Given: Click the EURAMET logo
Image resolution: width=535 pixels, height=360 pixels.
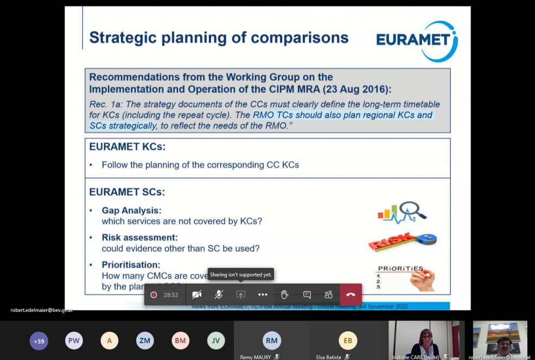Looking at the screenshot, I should [417, 41].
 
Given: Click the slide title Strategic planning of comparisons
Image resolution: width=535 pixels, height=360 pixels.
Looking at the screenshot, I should [219, 37].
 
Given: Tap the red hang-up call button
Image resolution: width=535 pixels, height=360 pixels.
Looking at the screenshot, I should [351, 295].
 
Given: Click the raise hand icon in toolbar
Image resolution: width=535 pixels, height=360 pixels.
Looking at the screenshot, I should [284, 295].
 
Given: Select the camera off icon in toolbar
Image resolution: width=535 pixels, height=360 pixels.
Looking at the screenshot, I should [196, 295].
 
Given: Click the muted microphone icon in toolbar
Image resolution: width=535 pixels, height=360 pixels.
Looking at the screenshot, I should [219, 295].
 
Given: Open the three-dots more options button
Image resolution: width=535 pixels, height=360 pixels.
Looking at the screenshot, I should [263, 295].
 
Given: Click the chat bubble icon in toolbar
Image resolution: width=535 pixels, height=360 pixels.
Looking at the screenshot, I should [307, 295].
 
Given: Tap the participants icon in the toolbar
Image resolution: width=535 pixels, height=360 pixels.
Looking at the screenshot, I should [328, 295].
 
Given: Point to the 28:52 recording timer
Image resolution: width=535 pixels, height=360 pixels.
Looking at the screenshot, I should [171, 295].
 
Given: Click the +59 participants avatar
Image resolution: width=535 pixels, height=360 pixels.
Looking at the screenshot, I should [39, 341].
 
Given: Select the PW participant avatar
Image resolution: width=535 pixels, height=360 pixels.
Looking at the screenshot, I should [74, 340].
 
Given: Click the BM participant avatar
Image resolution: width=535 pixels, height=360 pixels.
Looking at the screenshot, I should [181, 340].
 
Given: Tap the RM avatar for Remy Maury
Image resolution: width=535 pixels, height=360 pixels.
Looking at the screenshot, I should [272, 340].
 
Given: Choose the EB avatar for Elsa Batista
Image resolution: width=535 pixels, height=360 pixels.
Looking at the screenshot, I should [348, 340].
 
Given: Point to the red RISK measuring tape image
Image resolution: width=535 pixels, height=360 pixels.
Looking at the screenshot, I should [402, 241].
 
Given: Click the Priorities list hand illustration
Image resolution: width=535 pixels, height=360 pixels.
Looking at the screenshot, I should [404, 278].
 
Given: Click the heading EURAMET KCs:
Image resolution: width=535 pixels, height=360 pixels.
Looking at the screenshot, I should [128, 147].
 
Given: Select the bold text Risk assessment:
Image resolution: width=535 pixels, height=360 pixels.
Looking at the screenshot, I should [139, 237].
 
